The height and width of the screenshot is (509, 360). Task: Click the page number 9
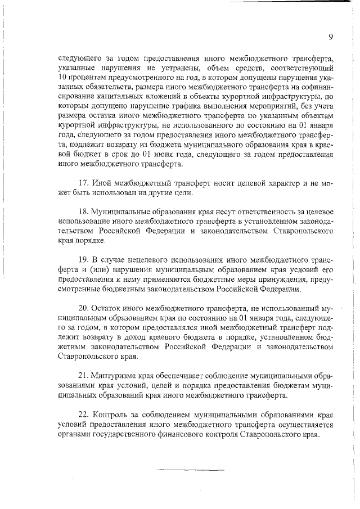[331, 37]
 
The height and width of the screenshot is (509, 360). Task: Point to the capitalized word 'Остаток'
[110, 309]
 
